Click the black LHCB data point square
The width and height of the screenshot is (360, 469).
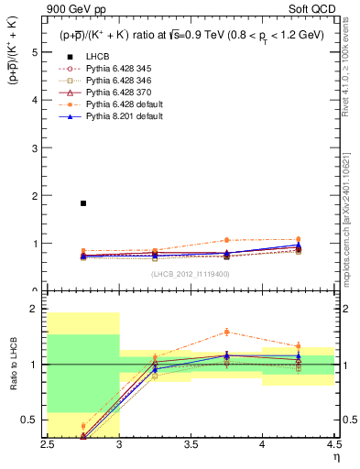[x=83, y=203]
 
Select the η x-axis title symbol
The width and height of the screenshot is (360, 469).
[x=336, y=455]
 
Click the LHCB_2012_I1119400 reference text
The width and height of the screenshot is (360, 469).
[x=191, y=273]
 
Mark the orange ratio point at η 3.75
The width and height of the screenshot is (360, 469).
[x=226, y=332]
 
